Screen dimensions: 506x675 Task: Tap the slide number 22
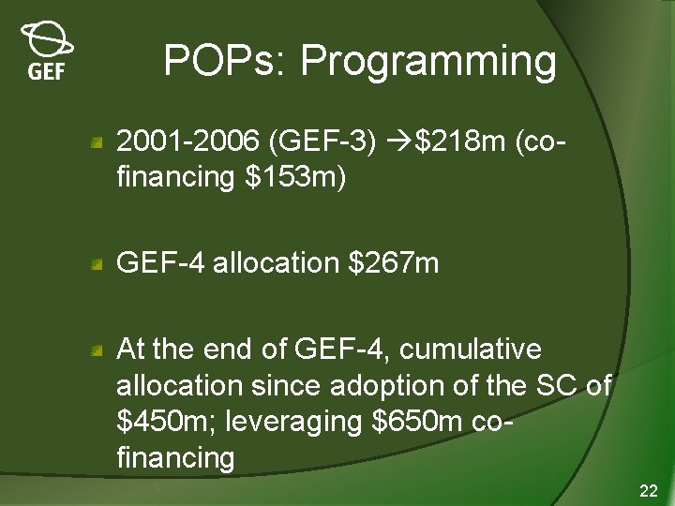(x=648, y=491)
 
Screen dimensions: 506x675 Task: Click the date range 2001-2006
(x=187, y=143)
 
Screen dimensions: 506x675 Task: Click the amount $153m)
(x=295, y=177)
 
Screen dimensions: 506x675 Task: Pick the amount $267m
(x=393, y=263)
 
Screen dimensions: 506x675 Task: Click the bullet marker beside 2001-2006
(x=97, y=144)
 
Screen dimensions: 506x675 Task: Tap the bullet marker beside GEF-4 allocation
(x=97, y=266)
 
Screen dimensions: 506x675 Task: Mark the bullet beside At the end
(x=97, y=352)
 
